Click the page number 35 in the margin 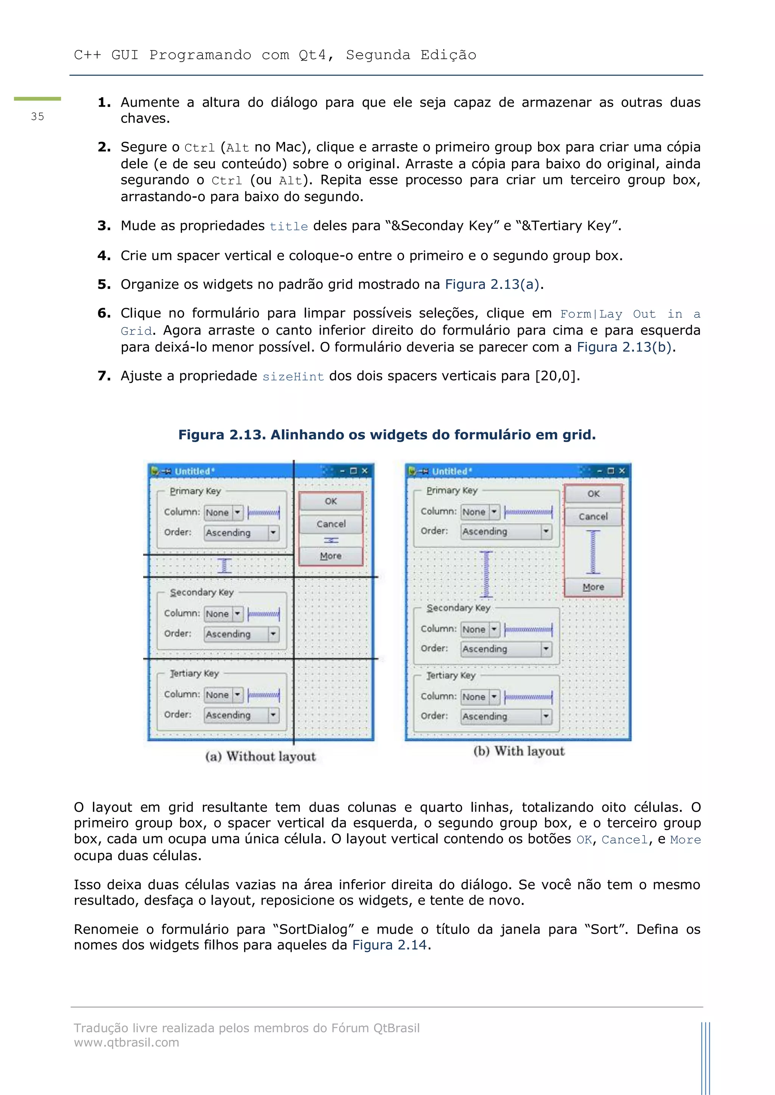tap(37, 116)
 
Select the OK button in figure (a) tap(331, 501)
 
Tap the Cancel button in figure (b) tap(593, 516)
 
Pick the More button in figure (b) tap(593, 587)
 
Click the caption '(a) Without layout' tap(261, 756)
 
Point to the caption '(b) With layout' tap(519, 751)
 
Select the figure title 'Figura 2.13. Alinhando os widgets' tap(386, 434)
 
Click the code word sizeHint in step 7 tap(293, 377)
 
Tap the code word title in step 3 tap(289, 226)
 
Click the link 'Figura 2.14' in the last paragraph tap(389, 945)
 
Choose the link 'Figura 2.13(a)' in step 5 tap(492, 284)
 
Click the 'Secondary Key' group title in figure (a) tap(202, 592)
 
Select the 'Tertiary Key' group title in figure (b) tap(451, 675)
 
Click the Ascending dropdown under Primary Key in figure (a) tap(241, 533)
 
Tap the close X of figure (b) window tap(622, 471)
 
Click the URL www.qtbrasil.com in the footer tap(126, 1042)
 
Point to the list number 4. tap(104, 256)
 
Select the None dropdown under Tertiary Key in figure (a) tap(223, 695)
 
